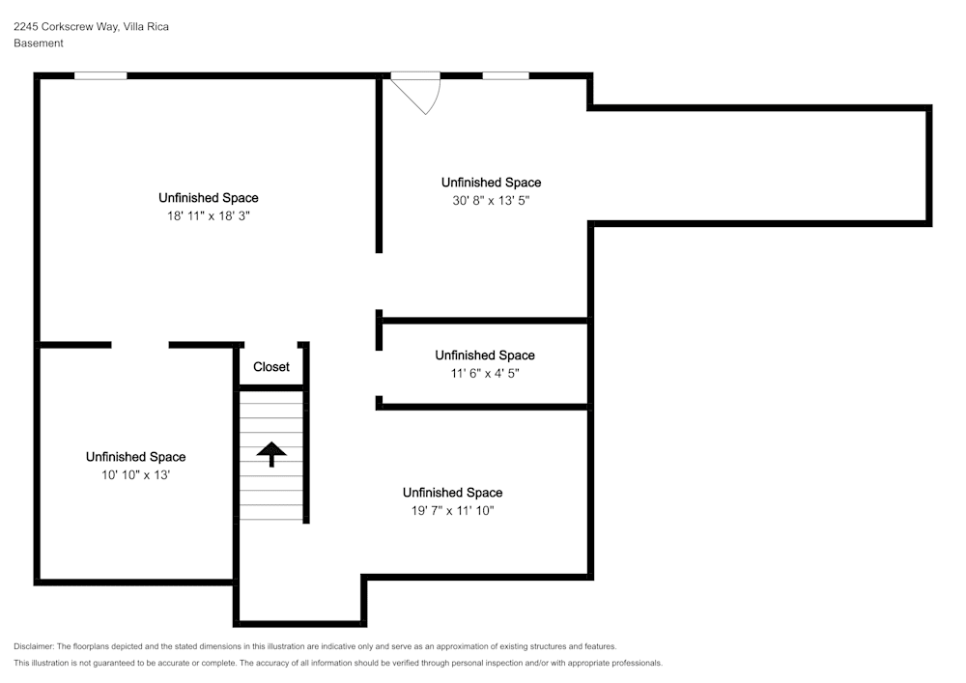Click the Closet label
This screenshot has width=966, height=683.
[271, 366]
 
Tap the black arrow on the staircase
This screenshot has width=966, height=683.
[271, 454]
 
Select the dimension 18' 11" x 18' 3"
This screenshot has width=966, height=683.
[209, 215]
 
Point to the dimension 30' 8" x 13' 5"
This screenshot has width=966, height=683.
[491, 200]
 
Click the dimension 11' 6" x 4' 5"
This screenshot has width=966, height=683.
[485, 373]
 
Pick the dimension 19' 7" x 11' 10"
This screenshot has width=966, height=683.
[453, 510]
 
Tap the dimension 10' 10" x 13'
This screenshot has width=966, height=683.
[135, 475]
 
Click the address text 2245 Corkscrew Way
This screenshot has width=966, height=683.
[66, 26]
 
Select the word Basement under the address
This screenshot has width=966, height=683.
[39, 43]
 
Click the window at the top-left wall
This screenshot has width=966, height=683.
[100, 75]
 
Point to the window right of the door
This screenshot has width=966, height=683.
[505, 75]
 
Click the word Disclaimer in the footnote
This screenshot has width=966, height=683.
[33, 646]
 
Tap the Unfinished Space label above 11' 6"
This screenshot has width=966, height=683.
[485, 356]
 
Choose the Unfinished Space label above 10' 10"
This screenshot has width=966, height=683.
[135, 457]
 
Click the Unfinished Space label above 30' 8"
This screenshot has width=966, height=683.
[491, 183]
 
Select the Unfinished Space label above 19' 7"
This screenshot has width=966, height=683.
[453, 493]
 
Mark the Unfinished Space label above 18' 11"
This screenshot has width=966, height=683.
[209, 198]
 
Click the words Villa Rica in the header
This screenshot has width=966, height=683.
[146, 26]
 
